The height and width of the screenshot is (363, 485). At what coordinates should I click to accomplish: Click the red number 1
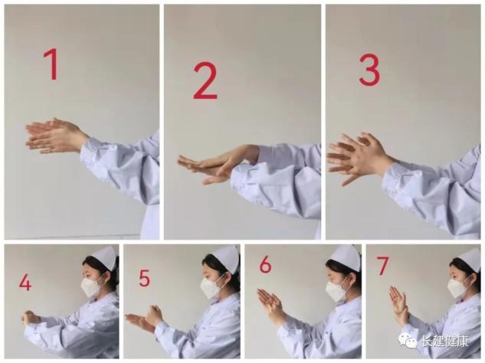(52, 64)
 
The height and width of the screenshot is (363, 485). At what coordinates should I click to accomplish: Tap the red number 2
(205, 80)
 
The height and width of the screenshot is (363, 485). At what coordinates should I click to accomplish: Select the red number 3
(369, 70)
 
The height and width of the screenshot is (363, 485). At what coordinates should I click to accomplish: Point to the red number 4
(25, 283)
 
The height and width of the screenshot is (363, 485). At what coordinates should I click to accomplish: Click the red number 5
(145, 278)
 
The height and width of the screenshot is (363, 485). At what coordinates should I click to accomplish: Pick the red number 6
(266, 265)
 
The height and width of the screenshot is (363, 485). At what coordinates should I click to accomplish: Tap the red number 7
(382, 266)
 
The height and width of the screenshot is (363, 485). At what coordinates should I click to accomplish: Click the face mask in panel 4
(92, 286)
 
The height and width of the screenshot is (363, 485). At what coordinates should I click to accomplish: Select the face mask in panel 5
(211, 287)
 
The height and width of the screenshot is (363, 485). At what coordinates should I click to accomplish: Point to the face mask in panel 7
(457, 287)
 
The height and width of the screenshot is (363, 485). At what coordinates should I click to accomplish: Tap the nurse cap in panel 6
(348, 257)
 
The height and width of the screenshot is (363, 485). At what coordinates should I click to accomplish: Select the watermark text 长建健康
(445, 342)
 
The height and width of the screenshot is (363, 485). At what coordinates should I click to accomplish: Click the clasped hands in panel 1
(56, 136)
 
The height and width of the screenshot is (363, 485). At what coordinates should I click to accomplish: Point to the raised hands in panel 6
(270, 305)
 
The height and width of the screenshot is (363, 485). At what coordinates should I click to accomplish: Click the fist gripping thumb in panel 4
(30, 319)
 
